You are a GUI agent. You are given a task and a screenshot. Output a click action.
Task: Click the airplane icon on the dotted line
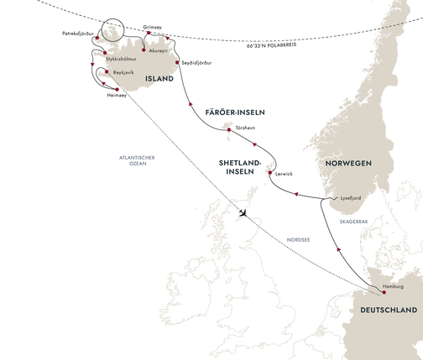243,213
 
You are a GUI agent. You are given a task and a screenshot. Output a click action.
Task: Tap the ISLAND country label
159,79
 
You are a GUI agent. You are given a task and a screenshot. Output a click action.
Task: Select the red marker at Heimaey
115,88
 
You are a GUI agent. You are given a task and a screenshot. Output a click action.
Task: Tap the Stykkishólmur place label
123,60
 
